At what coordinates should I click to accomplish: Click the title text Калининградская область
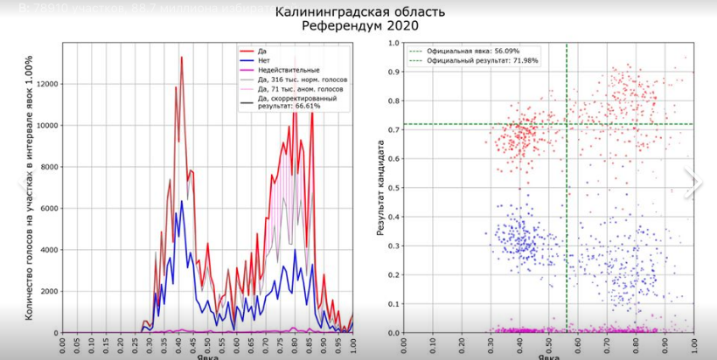tap(359, 12)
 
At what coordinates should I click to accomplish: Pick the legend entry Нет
tap(264, 60)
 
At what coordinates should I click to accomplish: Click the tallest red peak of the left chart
tap(181, 58)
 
